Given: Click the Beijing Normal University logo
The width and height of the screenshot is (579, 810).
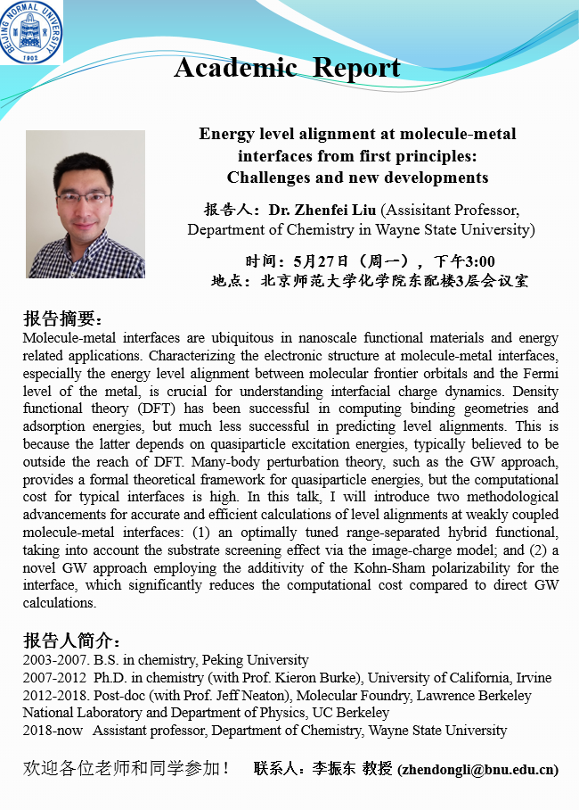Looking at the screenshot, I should point(31,31).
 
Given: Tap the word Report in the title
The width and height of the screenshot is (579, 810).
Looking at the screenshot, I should point(355,68).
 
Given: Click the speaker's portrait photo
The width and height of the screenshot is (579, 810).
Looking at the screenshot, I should point(86,204).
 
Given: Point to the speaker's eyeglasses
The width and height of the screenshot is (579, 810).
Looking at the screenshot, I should point(85,197).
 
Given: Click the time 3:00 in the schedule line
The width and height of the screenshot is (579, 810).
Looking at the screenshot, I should point(477,261).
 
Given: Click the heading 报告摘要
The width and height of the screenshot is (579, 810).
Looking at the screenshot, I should point(62,319).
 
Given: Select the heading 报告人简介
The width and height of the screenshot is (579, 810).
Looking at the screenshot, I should point(71,641).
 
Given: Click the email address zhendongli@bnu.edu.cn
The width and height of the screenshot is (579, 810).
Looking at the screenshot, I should point(478,769).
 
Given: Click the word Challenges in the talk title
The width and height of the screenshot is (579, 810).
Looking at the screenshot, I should point(271,178).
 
